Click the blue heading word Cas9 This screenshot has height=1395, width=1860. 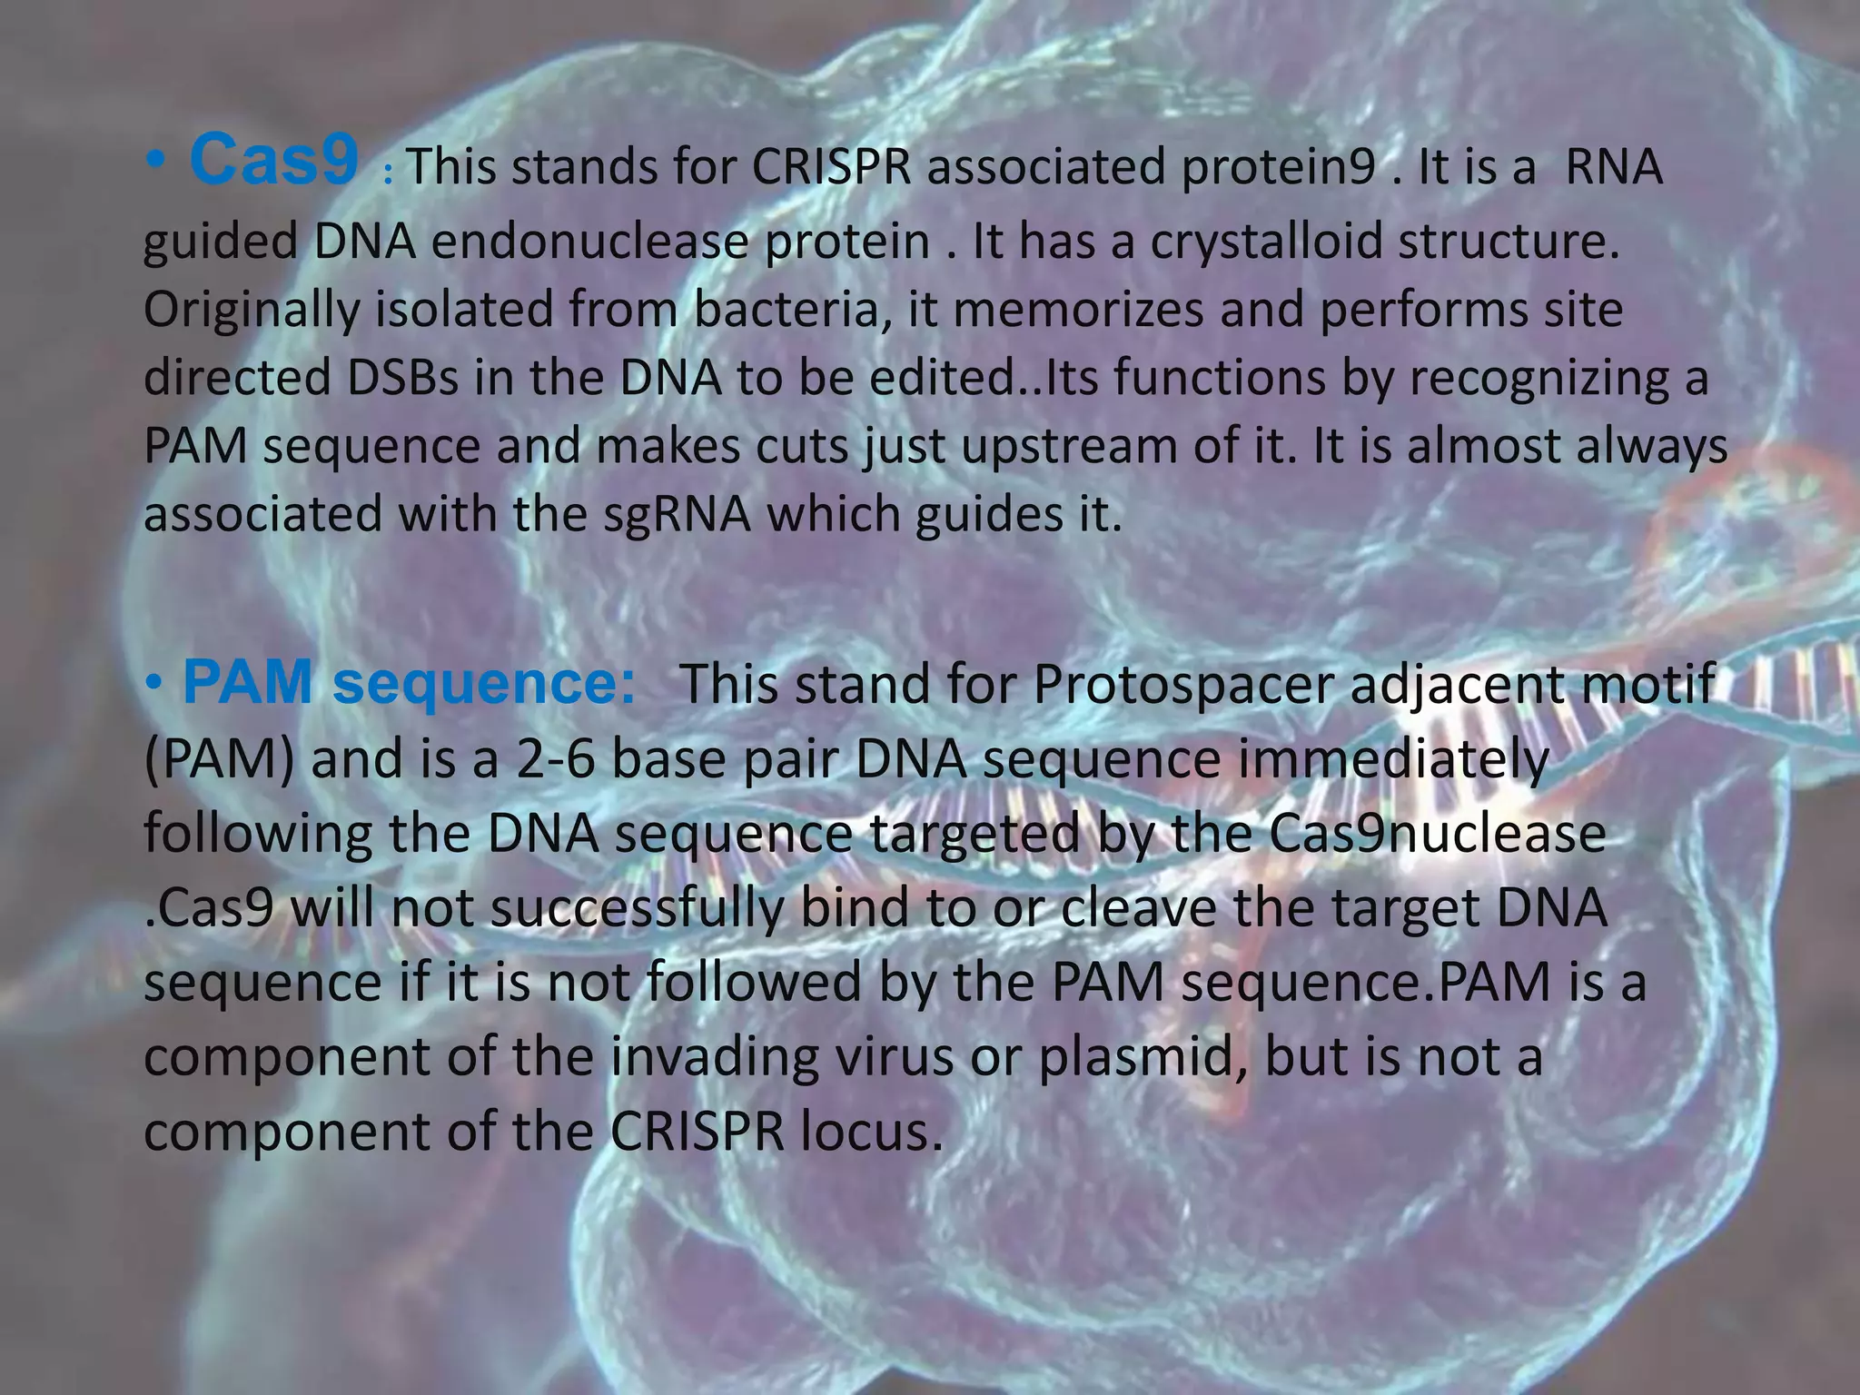273,160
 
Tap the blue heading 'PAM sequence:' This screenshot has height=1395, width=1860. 410,683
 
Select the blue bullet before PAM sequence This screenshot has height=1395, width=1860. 156,682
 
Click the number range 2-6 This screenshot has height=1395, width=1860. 554,759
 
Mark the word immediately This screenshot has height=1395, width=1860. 1392,759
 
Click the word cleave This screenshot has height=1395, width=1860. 1139,908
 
